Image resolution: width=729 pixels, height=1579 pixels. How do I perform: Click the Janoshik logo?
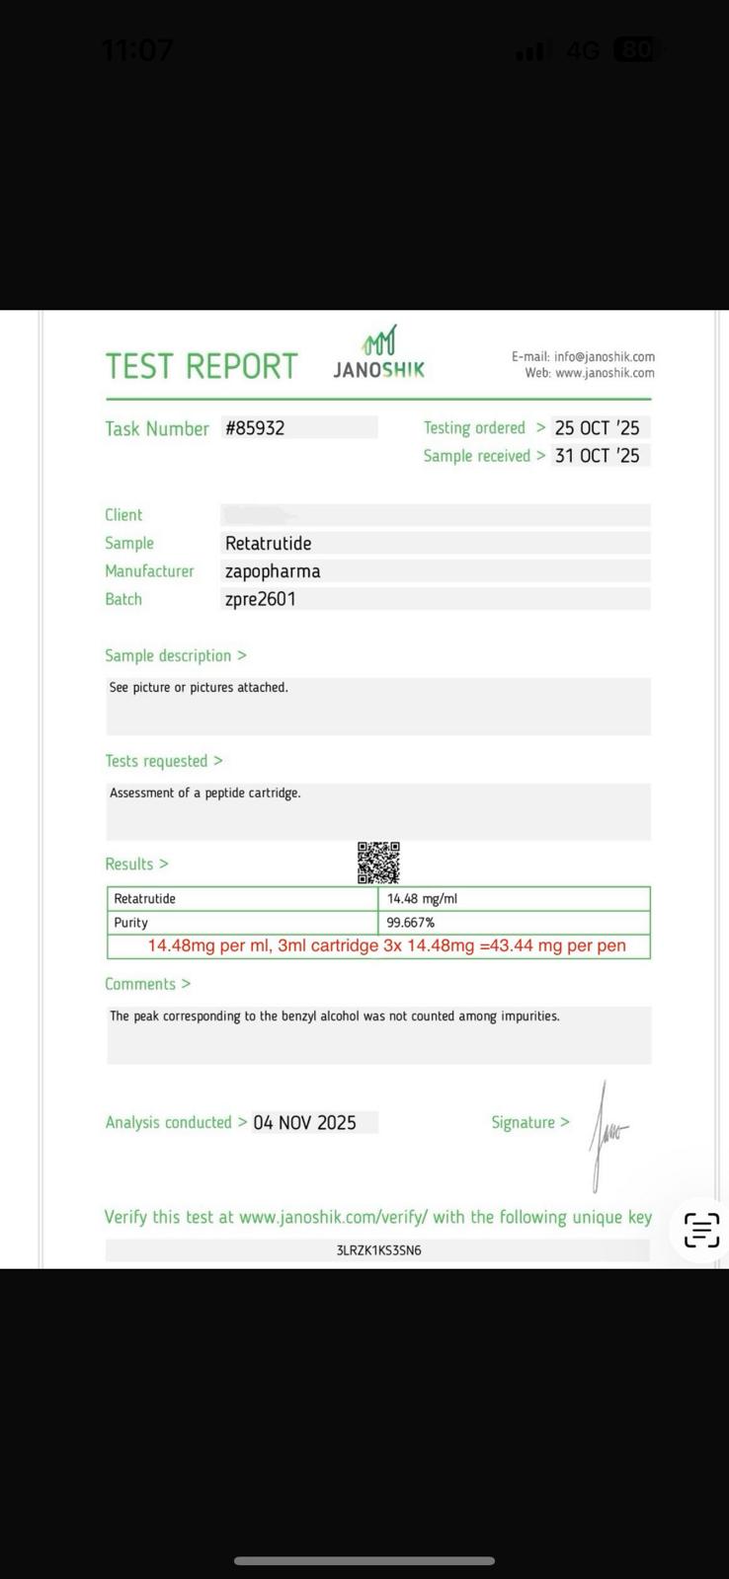click(379, 353)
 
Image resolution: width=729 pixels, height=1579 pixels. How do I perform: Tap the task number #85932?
click(255, 428)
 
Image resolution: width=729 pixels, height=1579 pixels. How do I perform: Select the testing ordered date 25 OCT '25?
click(597, 428)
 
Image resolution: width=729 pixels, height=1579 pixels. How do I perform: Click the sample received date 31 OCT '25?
click(597, 456)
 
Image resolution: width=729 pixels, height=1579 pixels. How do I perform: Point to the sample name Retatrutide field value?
click(269, 544)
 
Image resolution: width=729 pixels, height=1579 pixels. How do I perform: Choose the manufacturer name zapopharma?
click(273, 571)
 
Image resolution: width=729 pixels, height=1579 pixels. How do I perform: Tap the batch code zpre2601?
click(261, 599)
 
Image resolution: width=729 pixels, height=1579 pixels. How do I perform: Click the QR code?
click(378, 863)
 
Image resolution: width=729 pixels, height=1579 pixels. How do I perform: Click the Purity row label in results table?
click(131, 923)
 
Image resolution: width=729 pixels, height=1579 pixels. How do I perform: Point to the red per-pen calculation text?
click(386, 945)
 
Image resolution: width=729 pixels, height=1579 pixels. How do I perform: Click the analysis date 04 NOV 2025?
click(304, 1123)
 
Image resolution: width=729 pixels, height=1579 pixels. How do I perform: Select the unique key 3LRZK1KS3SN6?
click(378, 1250)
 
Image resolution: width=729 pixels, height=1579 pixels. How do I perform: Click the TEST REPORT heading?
click(202, 366)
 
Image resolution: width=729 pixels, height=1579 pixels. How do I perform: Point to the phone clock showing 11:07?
click(137, 49)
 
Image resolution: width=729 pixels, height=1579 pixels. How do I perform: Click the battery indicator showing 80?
click(635, 49)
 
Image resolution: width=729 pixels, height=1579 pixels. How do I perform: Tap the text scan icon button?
click(701, 1230)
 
